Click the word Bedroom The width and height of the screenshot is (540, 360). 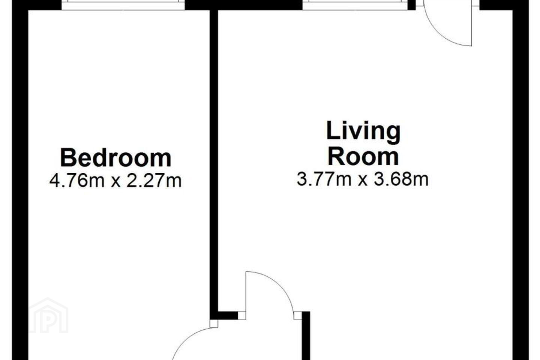tap(116, 158)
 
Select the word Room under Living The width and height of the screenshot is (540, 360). tap(363, 157)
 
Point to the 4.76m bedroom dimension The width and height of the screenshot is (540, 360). tap(77, 181)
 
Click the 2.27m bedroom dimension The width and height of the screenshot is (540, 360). tap(154, 181)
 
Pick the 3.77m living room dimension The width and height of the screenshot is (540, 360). tap(324, 179)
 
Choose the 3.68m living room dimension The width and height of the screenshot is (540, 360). tap(401, 179)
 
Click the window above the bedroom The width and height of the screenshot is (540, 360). tap(123, 5)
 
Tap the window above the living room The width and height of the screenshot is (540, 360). tap(355, 5)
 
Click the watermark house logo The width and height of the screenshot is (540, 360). tap(48, 315)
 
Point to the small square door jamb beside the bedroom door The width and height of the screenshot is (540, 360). tap(214, 324)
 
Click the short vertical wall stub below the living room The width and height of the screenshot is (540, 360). tap(306, 336)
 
